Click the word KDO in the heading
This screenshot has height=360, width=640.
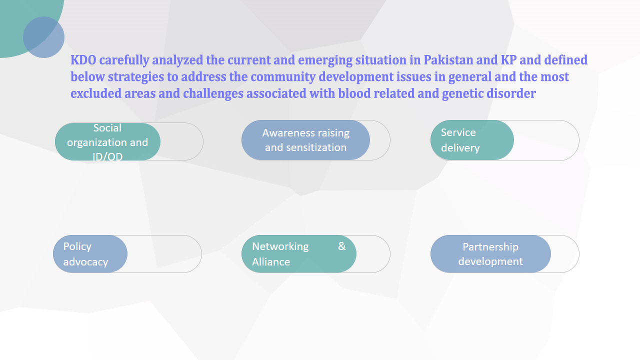click(83, 60)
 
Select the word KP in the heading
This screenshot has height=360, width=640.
click(508, 60)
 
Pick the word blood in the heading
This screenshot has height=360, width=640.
click(354, 93)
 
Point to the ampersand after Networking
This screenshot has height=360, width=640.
click(341, 246)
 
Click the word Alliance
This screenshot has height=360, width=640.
click(271, 261)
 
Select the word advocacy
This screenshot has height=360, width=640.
click(85, 262)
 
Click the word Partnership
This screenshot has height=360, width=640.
click(490, 247)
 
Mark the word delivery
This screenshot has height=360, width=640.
click(460, 148)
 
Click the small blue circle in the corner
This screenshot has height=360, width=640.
click(43, 37)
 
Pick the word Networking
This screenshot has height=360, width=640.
click(280, 246)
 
